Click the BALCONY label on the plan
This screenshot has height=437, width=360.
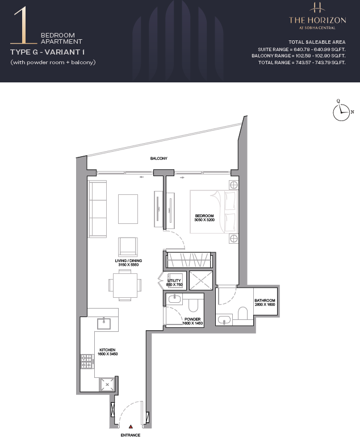coord(158,159)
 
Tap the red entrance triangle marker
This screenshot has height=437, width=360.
coord(131,426)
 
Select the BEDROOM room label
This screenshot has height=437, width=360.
coord(204,216)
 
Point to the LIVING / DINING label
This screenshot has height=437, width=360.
coord(128,261)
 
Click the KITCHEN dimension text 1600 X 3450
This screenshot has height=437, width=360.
coord(107,354)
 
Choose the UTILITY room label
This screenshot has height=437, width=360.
coord(174,280)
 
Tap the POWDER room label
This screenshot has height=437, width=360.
coord(192,319)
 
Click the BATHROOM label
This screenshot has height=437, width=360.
coord(265,301)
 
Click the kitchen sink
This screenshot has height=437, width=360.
coord(104,323)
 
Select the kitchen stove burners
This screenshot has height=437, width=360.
coord(87,361)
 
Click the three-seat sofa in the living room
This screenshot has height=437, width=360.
coord(98,209)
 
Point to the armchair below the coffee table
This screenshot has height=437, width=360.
coord(128,247)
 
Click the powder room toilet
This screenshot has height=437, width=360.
coord(193,305)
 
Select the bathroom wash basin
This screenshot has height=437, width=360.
coord(225,320)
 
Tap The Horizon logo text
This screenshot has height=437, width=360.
coord(317,20)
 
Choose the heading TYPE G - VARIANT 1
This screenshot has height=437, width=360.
coord(47,52)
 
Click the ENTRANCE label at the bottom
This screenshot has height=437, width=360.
coord(130,435)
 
